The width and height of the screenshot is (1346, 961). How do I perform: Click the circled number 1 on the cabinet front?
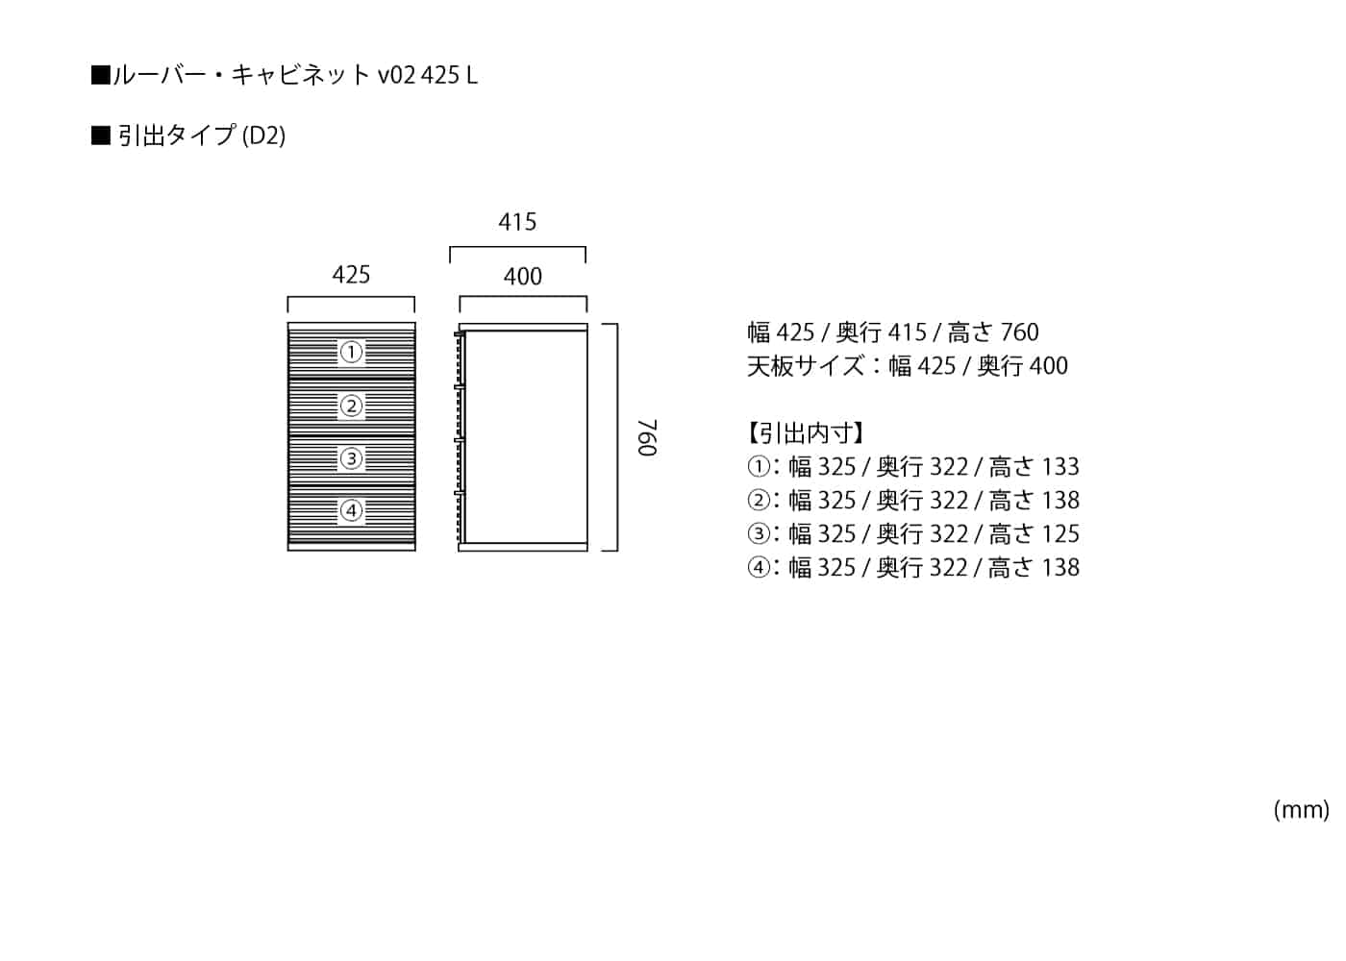pyautogui.click(x=351, y=353)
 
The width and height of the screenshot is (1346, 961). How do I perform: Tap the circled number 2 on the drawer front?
pyautogui.click(x=351, y=406)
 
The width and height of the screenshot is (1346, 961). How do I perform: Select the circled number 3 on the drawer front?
pyautogui.click(x=351, y=458)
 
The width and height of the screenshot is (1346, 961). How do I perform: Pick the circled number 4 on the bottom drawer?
pyautogui.click(x=351, y=510)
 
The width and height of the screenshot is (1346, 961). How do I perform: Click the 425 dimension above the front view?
pyautogui.click(x=351, y=276)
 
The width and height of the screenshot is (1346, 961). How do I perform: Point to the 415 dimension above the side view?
pyautogui.click(x=517, y=223)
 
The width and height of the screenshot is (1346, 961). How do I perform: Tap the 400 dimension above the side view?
pyautogui.click(x=523, y=278)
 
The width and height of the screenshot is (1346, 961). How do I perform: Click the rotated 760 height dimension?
pyautogui.click(x=647, y=437)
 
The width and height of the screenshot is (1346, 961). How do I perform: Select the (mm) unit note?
pyautogui.click(x=1301, y=810)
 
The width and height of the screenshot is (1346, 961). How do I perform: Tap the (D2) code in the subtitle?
pyautogui.click(x=263, y=136)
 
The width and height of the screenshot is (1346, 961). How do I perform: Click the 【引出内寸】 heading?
pyautogui.click(x=806, y=433)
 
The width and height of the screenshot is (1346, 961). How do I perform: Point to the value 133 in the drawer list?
pyautogui.click(x=1060, y=467)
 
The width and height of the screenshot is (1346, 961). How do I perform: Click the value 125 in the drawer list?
pyautogui.click(x=1060, y=534)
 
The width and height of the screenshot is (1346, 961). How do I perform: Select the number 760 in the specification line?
pyautogui.click(x=1019, y=333)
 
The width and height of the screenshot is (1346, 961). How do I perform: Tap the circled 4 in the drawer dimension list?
pyautogui.click(x=759, y=568)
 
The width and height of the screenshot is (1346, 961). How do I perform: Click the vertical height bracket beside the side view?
pyautogui.click(x=615, y=437)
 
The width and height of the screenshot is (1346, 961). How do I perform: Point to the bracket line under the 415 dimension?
pyautogui.click(x=517, y=248)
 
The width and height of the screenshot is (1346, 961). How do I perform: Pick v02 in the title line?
pyautogui.click(x=396, y=75)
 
